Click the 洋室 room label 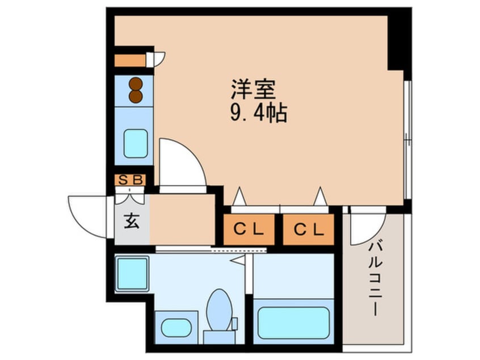pyautogui.click(x=253, y=89)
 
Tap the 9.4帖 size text pyautogui.click(x=259, y=113)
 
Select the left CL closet pyautogui.click(x=249, y=229)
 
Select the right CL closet pyautogui.click(x=308, y=229)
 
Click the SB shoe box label pyautogui.click(x=130, y=180)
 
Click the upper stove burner pyautogui.click(x=136, y=83)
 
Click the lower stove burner pyautogui.click(x=136, y=96)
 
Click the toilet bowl pyautogui.click(x=219, y=309)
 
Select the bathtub pyautogui.click(x=293, y=323)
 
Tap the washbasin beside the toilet pyautogui.click(x=176, y=328)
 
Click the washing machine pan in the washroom pyautogui.click(x=132, y=274)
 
